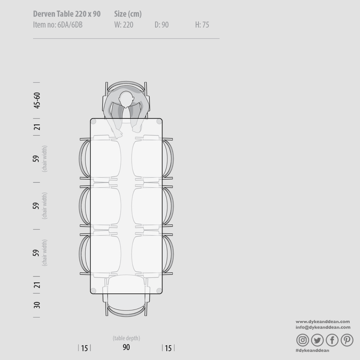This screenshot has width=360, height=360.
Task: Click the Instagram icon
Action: point(302,340)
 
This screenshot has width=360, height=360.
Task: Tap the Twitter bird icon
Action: point(317,340)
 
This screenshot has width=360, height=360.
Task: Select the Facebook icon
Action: point(332,340)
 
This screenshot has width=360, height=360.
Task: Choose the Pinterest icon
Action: point(347,340)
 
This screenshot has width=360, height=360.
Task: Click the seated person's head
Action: point(126,100)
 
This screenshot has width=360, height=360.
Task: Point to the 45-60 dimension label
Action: point(37,100)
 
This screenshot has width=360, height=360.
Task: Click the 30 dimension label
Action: point(37,305)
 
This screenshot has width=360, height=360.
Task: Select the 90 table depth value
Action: point(126,347)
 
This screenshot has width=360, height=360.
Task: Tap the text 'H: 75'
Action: point(202,25)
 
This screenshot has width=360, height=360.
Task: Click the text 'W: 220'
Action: point(124,25)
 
